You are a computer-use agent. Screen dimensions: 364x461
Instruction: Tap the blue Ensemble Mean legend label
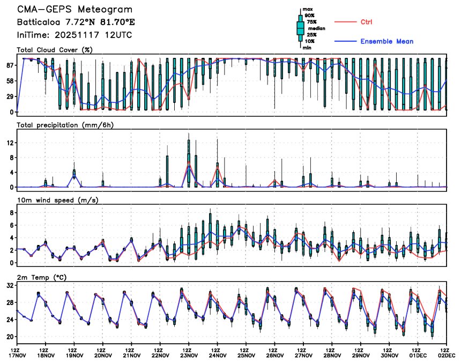point(386,41)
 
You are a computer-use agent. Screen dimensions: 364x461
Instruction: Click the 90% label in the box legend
point(309,16)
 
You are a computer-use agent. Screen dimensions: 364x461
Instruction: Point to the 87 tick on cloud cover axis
point(10,65)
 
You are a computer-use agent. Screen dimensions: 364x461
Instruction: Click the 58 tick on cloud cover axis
point(10,81)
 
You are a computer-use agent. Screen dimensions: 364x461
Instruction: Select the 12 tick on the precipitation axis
point(10,143)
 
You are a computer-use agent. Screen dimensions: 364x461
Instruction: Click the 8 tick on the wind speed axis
point(11,213)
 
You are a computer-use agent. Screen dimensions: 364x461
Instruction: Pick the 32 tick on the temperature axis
point(10,285)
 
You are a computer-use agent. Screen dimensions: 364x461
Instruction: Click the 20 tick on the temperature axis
point(10,337)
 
